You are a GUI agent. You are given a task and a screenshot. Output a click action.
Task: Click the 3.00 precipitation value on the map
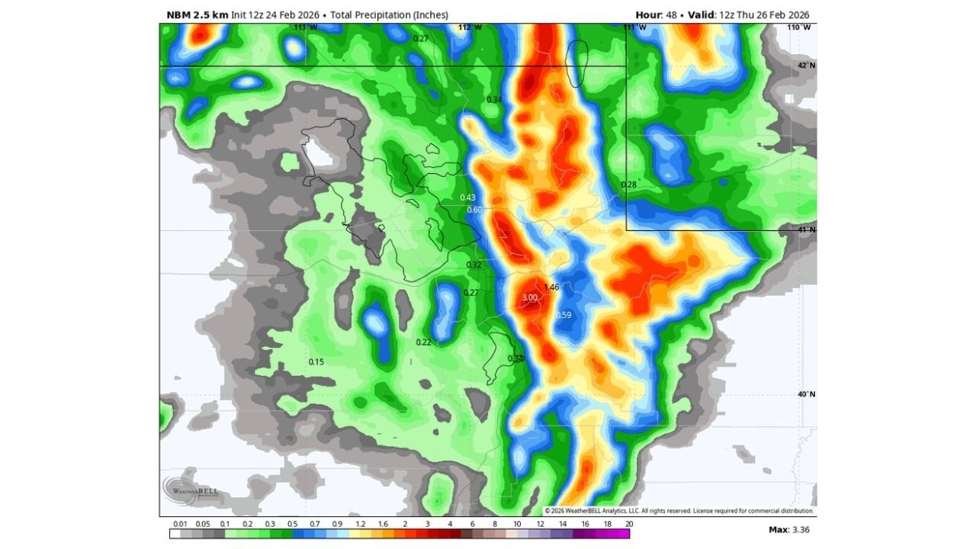pos(529,297)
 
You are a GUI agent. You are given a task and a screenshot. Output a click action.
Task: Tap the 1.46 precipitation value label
pos(551,287)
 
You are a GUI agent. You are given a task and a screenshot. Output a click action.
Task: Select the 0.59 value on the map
pos(563,315)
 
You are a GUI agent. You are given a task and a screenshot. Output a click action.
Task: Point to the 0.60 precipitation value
pos(474,210)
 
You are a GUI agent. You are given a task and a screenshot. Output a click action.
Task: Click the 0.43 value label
pos(467,197)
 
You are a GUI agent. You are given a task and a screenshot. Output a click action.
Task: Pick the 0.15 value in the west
pos(316,361)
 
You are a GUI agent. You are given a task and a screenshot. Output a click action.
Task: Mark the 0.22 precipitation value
pos(423,342)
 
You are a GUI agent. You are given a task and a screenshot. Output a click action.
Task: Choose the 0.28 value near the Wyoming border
pos(629,185)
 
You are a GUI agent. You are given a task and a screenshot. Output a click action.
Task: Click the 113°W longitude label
pos(305,27)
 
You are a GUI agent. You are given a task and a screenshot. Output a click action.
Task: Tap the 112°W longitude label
pos(470,27)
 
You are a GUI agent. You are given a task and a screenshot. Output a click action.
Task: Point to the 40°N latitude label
pos(806,394)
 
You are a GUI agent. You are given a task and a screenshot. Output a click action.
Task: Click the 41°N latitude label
pos(806,230)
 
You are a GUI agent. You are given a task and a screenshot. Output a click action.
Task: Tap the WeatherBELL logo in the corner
pos(188,490)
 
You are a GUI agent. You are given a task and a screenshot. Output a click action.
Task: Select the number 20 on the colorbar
pos(628,524)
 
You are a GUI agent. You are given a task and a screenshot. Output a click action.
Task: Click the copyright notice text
pos(679,511)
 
